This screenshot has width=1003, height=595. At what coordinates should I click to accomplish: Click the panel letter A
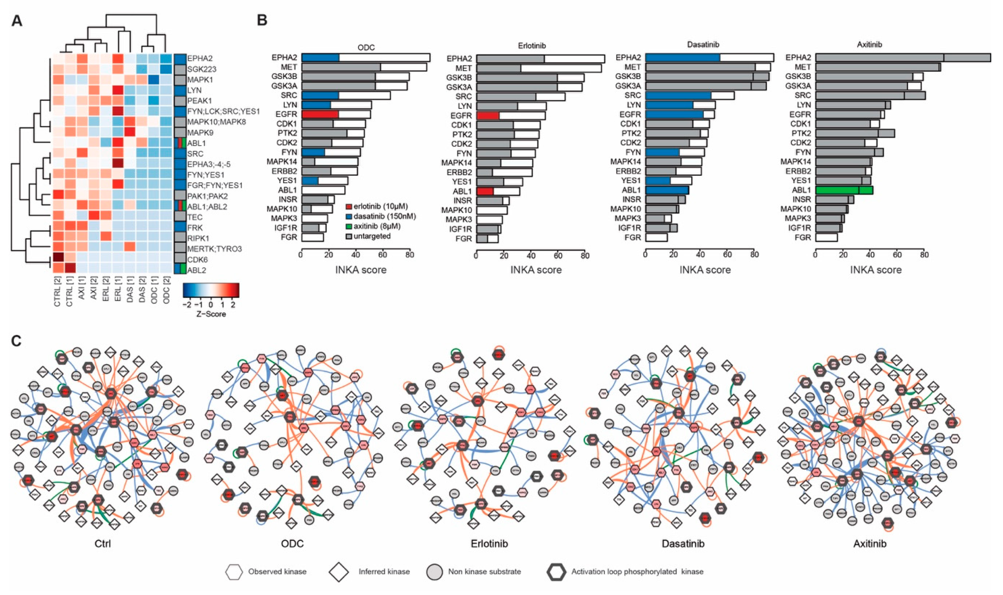(17, 20)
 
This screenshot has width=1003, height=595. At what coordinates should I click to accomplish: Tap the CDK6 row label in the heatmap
(197, 259)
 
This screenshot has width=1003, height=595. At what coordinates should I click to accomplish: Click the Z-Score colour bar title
(211, 314)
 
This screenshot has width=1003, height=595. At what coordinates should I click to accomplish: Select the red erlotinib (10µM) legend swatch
(349, 207)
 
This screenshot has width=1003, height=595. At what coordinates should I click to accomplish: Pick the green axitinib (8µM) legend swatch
(349, 226)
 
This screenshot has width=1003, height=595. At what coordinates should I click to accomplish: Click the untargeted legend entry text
(372, 236)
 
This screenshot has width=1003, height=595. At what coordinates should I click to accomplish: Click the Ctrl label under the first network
(102, 544)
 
